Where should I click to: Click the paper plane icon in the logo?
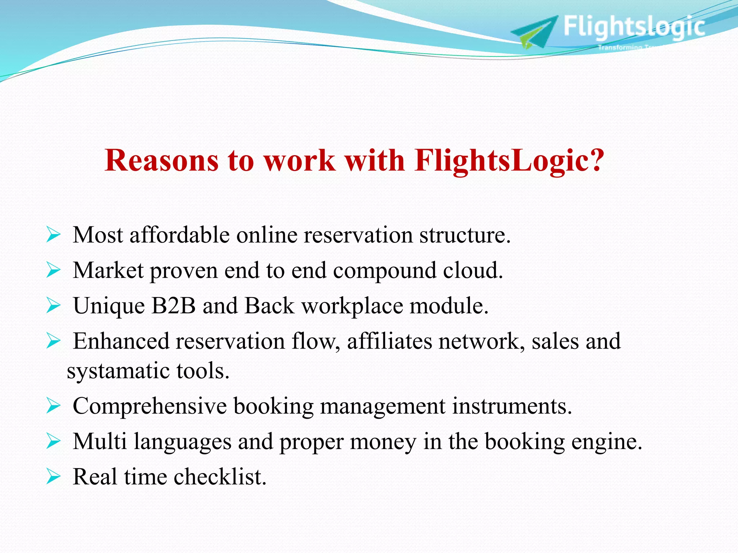(535, 32)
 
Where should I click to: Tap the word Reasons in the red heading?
(162, 160)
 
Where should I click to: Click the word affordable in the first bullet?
(179, 235)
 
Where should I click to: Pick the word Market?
(108, 270)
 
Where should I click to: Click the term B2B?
(173, 306)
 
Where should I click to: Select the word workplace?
(352, 306)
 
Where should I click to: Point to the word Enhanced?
(121, 341)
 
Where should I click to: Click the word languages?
(183, 442)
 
